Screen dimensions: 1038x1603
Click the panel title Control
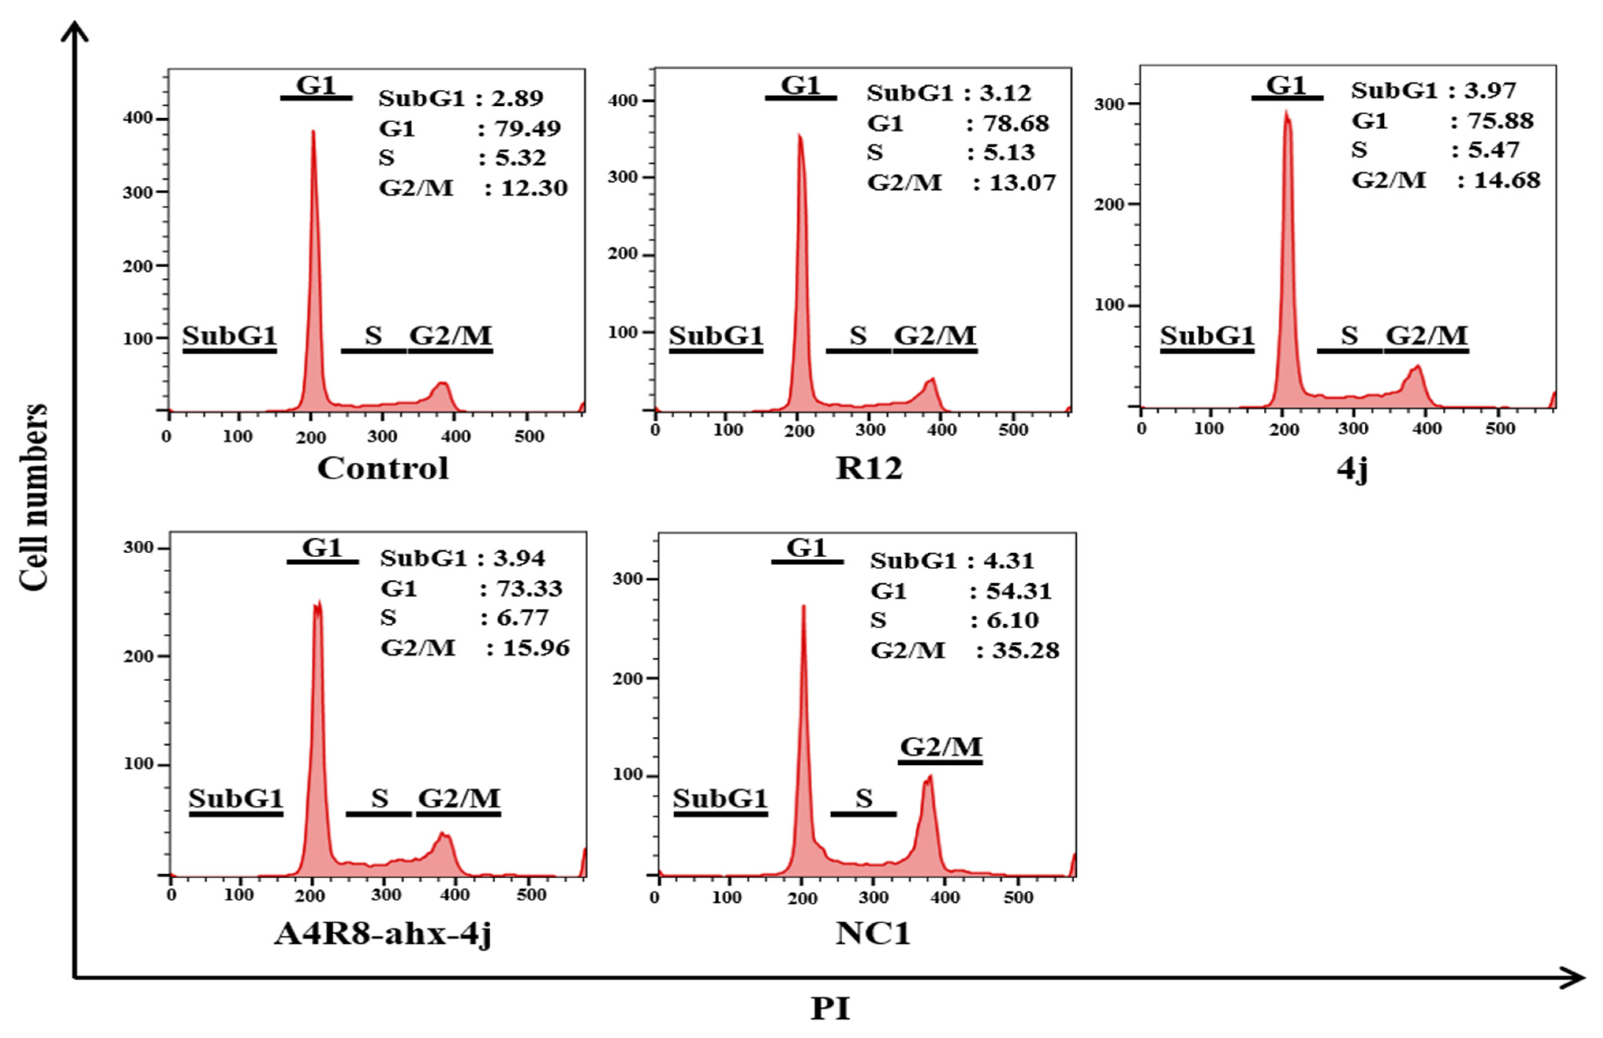(383, 468)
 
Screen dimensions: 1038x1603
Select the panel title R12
(868, 468)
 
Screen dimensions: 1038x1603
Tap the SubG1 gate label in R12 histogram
(716, 335)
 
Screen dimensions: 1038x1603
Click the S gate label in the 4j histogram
(1349, 335)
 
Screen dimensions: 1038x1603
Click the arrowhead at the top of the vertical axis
(75, 28)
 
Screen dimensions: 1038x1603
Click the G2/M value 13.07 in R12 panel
(1022, 183)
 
